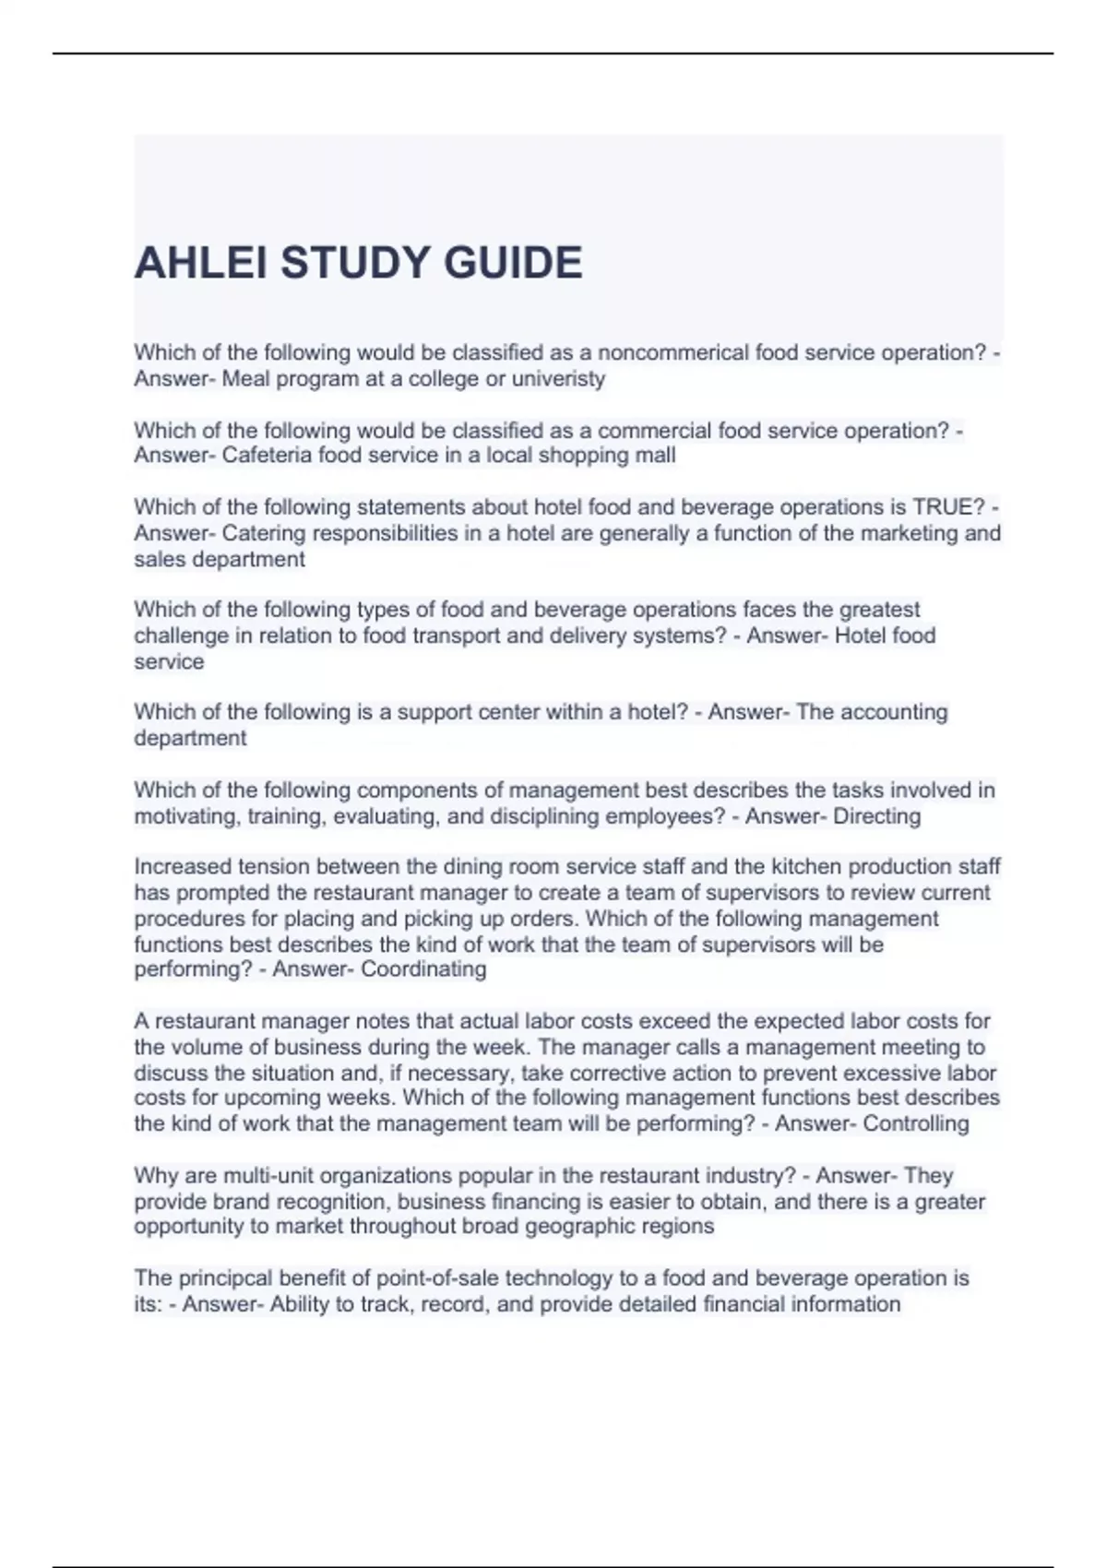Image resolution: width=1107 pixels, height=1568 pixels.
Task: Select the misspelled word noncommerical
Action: click(x=673, y=353)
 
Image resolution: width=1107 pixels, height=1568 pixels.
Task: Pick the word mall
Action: click(x=656, y=456)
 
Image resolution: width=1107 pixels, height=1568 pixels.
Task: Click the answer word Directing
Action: click(x=876, y=816)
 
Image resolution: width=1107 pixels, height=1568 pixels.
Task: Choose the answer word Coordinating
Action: click(x=423, y=969)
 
